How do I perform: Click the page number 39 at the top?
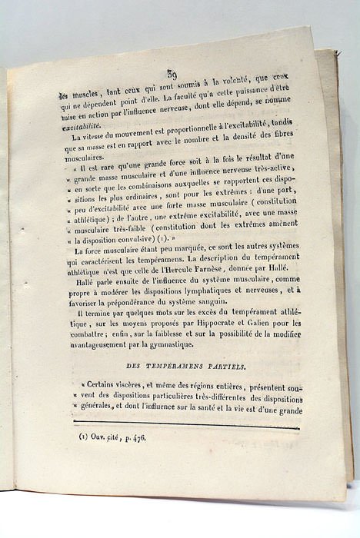pyautogui.click(x=172, y=75)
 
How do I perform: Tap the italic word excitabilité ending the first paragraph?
pyautogui.click(x=85, y=126)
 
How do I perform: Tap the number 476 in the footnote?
pyautogui.click(x=133, y=437)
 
